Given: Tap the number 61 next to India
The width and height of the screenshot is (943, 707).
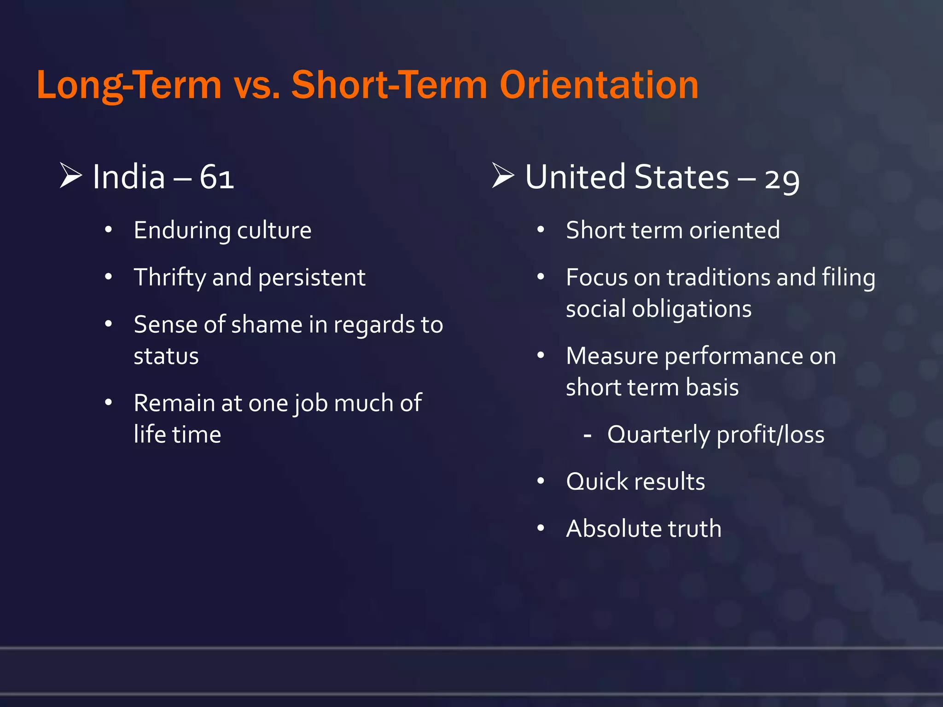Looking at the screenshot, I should point(216,177).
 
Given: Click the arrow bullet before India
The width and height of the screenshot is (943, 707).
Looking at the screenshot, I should point(70,175).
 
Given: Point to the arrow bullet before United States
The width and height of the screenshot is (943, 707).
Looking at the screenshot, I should point(503,175).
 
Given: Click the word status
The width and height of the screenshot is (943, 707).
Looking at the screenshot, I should point(166,356).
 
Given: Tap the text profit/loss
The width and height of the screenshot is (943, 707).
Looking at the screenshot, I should point(770,435).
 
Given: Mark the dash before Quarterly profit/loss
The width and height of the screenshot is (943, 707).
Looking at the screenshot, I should point(587,435).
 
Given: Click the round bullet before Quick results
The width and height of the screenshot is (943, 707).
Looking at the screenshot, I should point(541,481).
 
